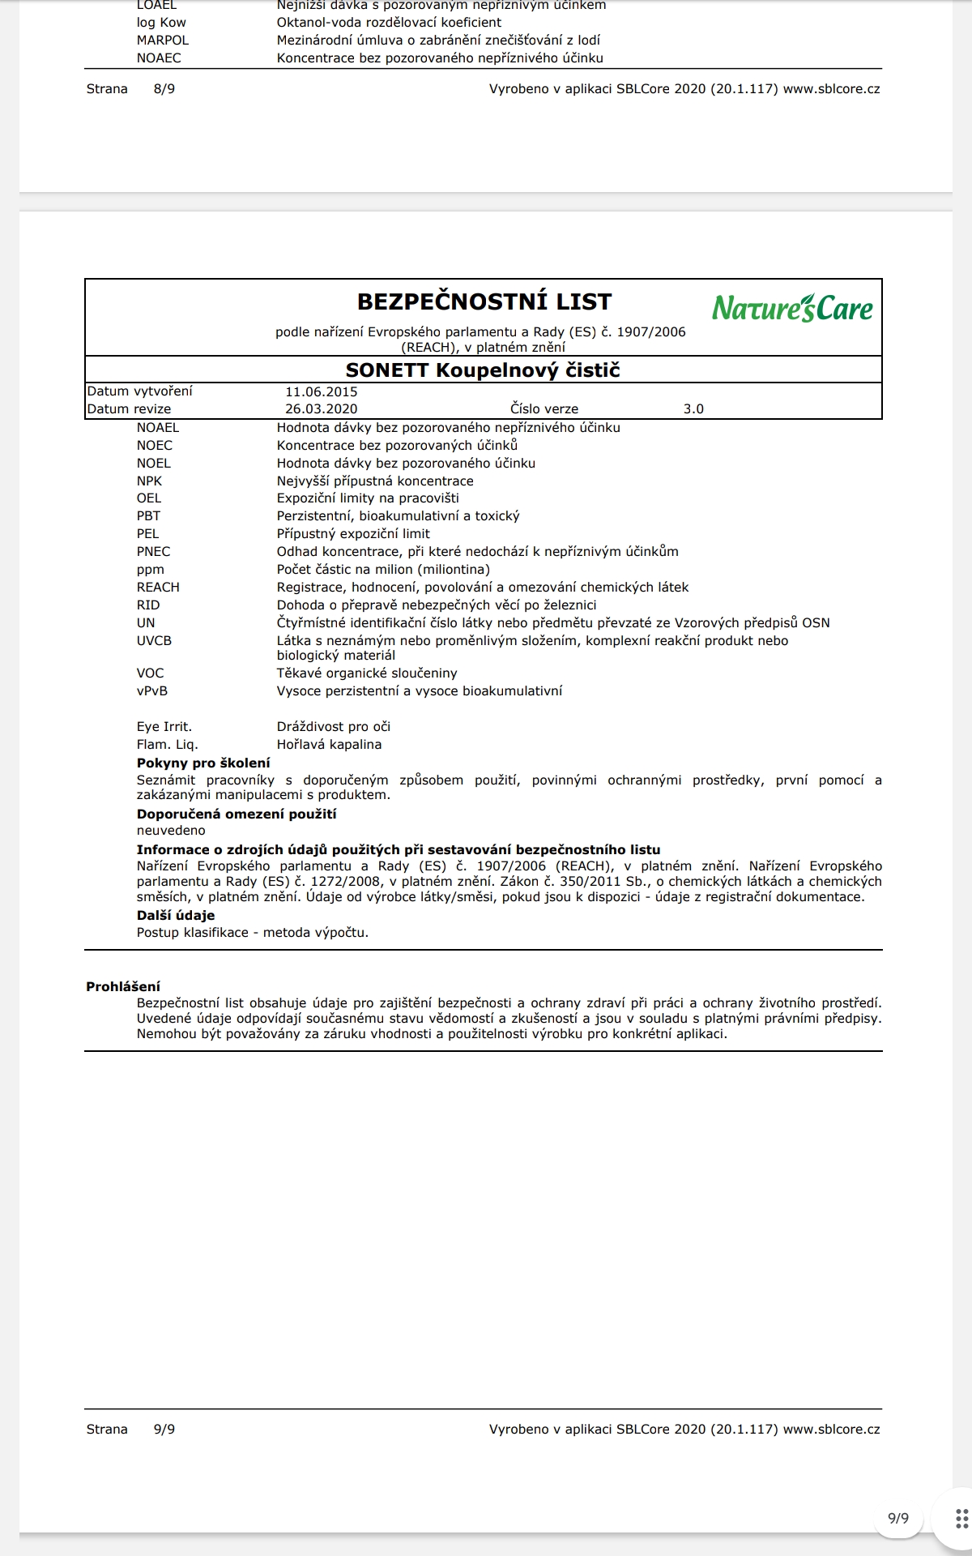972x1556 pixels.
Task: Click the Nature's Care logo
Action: coord(792,308)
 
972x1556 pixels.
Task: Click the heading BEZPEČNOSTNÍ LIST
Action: coord(484,301)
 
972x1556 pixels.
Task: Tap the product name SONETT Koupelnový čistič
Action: coord(483,370)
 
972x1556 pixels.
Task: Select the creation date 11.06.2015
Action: coord(321,391)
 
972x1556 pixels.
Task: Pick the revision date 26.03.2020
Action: coord(321,409)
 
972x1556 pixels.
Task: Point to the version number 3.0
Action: coord(693,409)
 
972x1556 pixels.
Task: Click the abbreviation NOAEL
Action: coord(158,428)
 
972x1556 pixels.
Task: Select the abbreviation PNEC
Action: coord(153,552)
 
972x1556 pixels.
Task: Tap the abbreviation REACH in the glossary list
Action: coord(158,588)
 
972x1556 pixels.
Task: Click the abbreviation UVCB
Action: coord(154,641)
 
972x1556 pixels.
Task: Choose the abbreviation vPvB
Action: coord(152,691)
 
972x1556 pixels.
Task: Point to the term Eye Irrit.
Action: coord(164,727)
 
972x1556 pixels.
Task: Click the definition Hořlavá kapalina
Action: coord(329,745)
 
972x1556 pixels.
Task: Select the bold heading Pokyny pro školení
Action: coord(203,763)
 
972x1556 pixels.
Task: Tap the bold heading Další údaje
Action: coord(176,915)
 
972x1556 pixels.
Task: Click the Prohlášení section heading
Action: coord(123,986)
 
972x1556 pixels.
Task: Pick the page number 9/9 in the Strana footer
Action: coord(164,1430)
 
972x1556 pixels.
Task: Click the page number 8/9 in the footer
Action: coord(164,89)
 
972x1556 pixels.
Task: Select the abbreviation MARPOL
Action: coord(163,41)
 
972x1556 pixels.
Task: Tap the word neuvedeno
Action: coord(171,831)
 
